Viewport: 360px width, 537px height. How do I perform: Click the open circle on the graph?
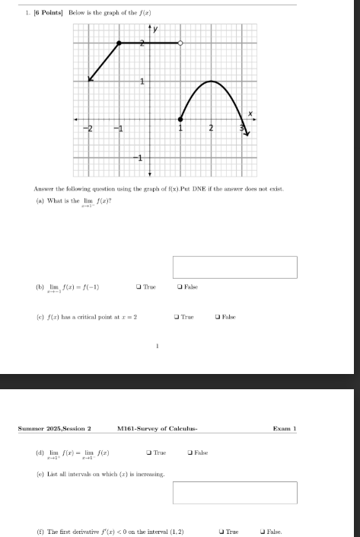point(180,43)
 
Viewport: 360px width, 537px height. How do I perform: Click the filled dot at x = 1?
point(180,119)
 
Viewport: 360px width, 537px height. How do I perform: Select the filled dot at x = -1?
point(119,43)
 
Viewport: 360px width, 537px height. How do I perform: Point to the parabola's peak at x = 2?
point(212,81)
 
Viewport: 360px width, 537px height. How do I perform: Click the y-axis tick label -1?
point(139,158)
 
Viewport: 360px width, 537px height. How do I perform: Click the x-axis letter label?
point(248,113)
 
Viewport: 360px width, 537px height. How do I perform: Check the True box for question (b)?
point(138,287)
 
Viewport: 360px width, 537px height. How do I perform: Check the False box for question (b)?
point(179,287)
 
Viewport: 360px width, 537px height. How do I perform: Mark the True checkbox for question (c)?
point(177,316)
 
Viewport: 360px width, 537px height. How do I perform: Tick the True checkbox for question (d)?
point(148,452)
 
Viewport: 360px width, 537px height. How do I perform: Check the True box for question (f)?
point(221,531)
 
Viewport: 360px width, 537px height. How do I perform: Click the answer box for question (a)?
point(234,267)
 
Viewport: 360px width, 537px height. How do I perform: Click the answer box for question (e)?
point(234,493)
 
